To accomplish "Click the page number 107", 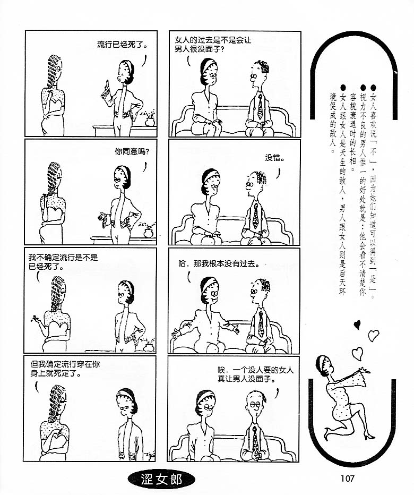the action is [x=348, y=478].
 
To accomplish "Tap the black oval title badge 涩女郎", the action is [x=161, y=480].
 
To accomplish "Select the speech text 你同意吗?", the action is [x=132, y=151].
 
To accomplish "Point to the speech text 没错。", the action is [x=274, y=158].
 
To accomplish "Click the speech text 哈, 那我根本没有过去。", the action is [x=219, y=263].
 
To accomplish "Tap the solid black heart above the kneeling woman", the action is [x=357, y=324].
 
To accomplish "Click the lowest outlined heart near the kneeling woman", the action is [x=358, y=353].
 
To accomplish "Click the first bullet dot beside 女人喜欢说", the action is [x=373, y=88].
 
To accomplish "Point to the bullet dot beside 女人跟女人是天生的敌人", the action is [x=343, y=88].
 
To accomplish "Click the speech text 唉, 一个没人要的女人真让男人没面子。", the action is [x=256, y=374].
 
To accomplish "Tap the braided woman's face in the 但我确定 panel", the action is [x=62, y=399].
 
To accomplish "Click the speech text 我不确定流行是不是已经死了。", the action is [x=63, y=262].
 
